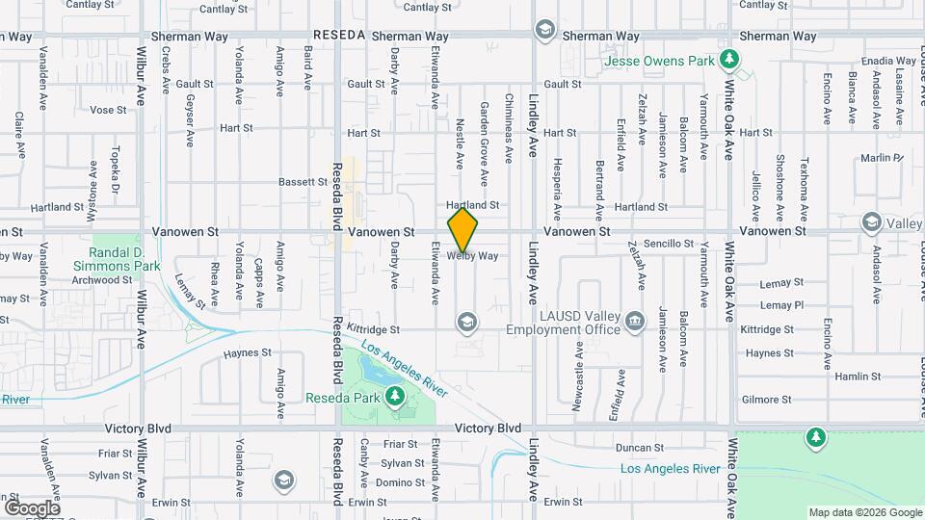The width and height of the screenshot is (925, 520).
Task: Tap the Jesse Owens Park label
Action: (660, 61)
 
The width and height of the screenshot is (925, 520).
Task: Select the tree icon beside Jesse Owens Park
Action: (731, 60)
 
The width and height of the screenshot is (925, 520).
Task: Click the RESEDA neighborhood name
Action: (339, 35)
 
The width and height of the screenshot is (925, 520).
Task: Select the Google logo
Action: (32, 507)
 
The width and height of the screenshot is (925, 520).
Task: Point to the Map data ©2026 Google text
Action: (863, 512)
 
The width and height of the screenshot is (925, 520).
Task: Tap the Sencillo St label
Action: (669, 244)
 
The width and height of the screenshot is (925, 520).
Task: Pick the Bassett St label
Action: (304, 181)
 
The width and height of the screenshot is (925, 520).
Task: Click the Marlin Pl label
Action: (880, 157)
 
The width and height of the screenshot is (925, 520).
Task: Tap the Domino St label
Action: (394, 482)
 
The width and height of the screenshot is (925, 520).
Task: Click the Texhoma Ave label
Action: (803, 179)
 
